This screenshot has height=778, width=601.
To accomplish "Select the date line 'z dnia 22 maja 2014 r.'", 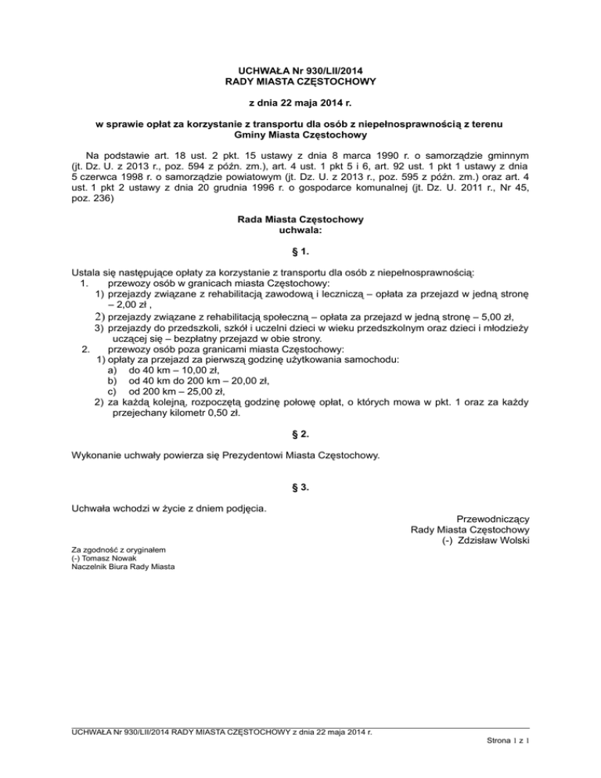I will coord(300,103).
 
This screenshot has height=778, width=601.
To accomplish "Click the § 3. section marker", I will coord(300,488).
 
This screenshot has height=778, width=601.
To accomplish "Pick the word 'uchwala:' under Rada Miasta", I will coord(300,231).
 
